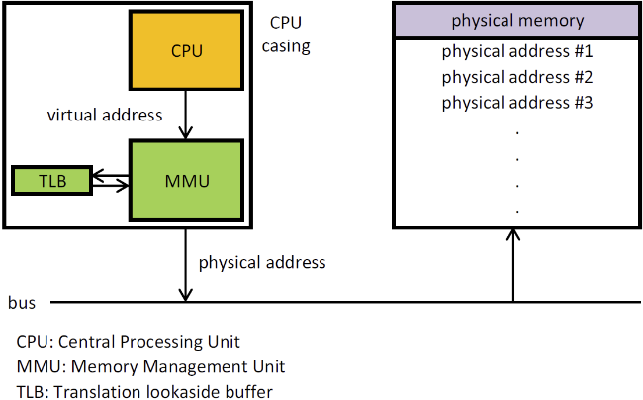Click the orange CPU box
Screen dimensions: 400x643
point(186,49)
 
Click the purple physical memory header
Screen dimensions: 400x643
point(517,21)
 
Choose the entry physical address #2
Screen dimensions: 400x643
point(516,77)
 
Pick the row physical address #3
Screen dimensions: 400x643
point(516,101)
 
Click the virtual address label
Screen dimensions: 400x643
point(105,115)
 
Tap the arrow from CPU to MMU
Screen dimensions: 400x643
point(186,114)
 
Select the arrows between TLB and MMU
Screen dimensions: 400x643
point(110,180)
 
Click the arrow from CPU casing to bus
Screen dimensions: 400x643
point(185,265)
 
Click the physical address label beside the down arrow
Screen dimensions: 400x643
point(262,263)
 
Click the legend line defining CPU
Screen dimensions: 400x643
point(129,342)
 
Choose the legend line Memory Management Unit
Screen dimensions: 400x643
point(150,366)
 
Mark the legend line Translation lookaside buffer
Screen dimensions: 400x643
point(144,391)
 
